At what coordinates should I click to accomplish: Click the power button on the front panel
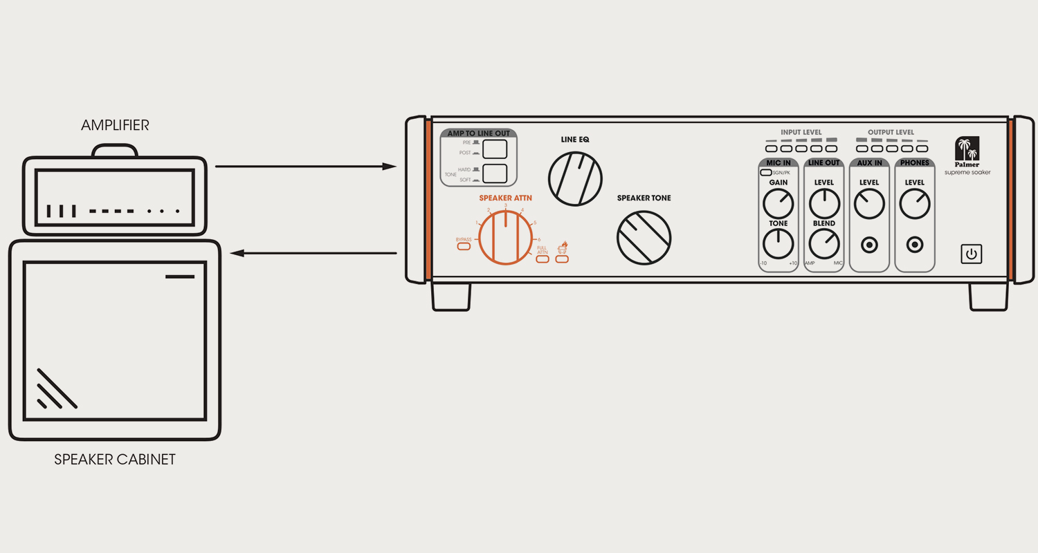972,254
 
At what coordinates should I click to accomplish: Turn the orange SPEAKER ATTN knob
506,238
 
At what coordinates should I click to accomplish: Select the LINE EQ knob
575,178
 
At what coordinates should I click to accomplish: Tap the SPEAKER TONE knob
644,237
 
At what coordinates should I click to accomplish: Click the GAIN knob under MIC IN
778,204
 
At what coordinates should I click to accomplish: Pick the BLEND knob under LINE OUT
823,244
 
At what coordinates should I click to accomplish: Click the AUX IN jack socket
869,245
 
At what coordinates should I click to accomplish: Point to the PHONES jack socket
915,245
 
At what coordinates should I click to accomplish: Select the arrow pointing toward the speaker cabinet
313,254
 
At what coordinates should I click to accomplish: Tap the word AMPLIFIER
115,125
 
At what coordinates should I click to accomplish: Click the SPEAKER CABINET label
115,459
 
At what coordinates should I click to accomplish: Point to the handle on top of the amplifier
115,150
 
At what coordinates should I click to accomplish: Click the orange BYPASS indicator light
464,247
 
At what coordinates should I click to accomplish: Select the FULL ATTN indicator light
542,259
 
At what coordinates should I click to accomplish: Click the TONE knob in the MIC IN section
778,244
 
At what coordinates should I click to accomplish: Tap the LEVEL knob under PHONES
915,204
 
